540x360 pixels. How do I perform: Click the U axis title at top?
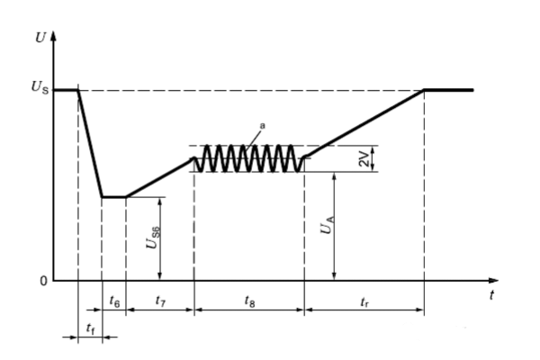coord(39,38)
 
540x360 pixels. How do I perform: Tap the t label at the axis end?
coord(491,295)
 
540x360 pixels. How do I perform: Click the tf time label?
coord(90,329)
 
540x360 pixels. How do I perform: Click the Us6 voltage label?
coord(154,238)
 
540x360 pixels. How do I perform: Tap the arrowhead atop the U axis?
coord(55,37)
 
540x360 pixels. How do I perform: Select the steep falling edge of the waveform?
coord(90,144)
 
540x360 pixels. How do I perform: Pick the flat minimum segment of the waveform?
coord(113,197)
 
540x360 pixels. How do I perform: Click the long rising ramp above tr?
coord(364,124)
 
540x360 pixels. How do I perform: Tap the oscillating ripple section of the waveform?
coord(249,158)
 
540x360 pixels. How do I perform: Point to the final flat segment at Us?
coord(448,90)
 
